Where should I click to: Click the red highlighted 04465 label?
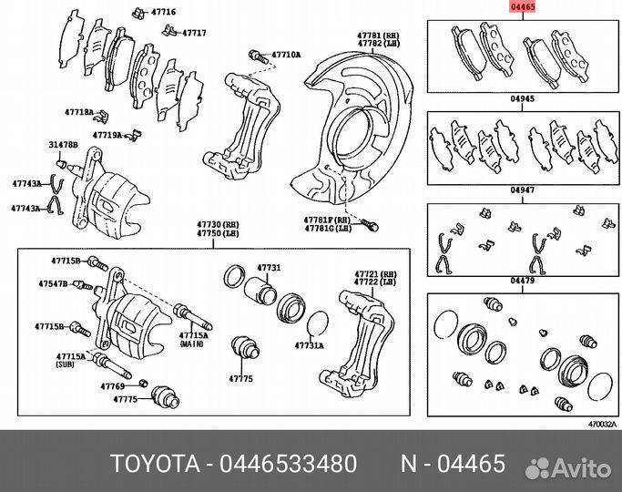click(523, 6)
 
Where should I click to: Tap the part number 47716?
click(165, 13)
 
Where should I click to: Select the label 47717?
click(192, 33)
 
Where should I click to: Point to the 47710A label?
click(286, 56)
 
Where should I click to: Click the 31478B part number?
click(63, 145)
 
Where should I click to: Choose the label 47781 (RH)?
click(374, 34)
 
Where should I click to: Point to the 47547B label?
click(52, 284)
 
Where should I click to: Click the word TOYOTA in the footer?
click(158, 464)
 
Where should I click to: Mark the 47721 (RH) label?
click(374, 273)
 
